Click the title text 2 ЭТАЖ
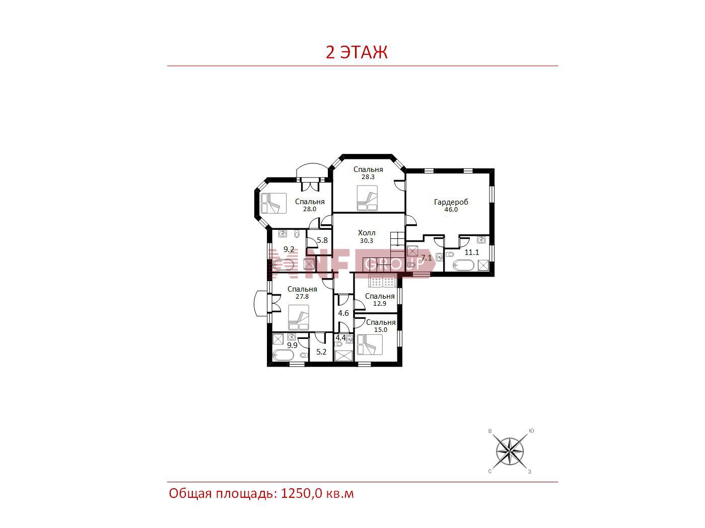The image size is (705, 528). click(x=357, y=52)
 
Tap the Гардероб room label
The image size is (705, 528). click(x=451, y=202)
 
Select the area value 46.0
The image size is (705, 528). click(x=451, y=210)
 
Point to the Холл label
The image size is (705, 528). click(x=367, y=233)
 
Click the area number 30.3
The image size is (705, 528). click(x=367, y=240)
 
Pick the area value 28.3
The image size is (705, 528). click(x=368, y=177)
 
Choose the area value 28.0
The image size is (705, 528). click(x=310, y=209)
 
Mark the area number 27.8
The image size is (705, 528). click(x=302, y=297)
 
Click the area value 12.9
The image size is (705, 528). click(x=379, y=304)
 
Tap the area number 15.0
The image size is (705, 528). click(x=381, y=330)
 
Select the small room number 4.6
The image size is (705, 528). click(x=343, y=313)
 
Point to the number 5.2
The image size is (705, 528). click(x=321, y=352)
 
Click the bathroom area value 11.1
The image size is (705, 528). click(x=472, y=252)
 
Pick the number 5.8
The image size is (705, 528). click(x=322, y=240)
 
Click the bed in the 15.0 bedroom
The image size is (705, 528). click(x=370, y=344)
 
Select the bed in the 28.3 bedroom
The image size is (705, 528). click(x=367, y=198)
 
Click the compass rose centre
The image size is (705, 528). click(x=510, y=452)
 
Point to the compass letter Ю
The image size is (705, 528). click(x=531, y=431)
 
